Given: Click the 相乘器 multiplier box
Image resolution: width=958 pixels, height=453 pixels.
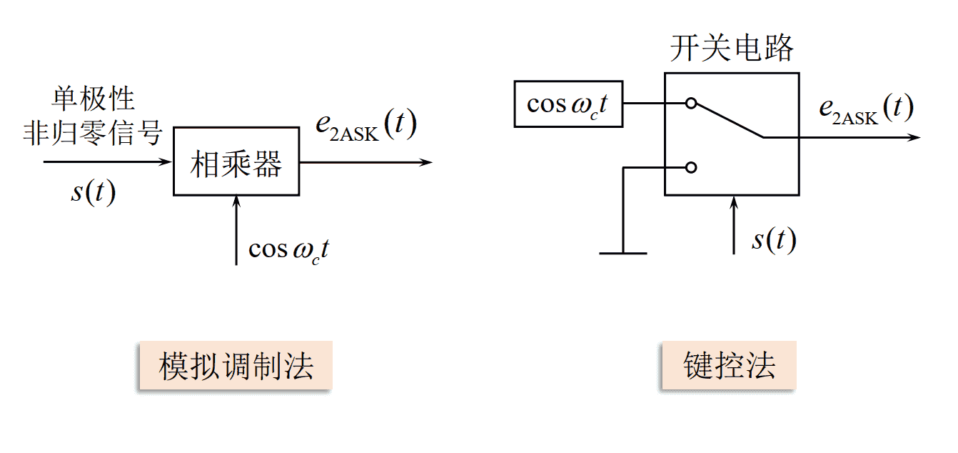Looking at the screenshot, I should [236, 161].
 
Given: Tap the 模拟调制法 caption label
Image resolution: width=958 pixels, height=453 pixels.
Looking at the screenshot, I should [236, 367].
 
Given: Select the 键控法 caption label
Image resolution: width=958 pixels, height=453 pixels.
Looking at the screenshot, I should [729, 367].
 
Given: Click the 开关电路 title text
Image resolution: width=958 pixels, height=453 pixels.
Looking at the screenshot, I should [732, 49].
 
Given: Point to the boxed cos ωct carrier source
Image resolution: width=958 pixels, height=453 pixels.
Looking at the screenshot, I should [569, 104].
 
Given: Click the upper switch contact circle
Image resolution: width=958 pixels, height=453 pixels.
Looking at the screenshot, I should [690, 104].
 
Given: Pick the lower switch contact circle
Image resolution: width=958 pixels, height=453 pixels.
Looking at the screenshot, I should [690, 168].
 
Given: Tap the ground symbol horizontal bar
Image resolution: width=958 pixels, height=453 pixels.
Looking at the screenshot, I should [623, 253].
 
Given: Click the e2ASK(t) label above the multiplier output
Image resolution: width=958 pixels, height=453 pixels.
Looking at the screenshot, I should [365, 126].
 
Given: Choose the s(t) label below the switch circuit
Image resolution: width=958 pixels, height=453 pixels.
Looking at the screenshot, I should [774, 240].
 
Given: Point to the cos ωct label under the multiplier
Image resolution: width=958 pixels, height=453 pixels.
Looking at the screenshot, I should [288, 249].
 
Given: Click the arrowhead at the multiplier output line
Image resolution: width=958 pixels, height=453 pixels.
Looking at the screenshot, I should [426, 162].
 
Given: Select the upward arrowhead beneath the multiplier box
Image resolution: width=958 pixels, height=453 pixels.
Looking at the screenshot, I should [236, 202].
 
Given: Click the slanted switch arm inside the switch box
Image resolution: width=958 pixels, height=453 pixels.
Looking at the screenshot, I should [728, 120].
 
